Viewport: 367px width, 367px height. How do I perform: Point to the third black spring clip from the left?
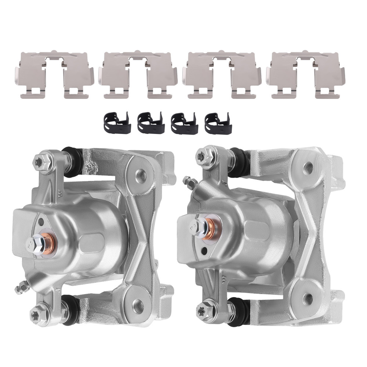tap(184, 122)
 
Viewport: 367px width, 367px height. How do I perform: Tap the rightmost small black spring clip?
tap(218, 122)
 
